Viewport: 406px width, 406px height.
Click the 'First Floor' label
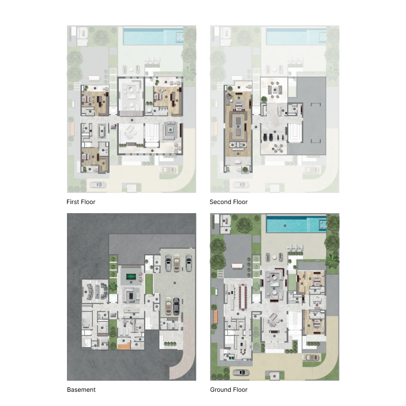pyautogui.click(x=81, y=202)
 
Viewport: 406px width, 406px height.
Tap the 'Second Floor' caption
pyautogui.click(x=228, y=202)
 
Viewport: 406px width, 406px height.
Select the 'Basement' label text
pyautogui.click(x=81, y=390)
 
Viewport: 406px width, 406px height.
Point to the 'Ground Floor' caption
pyautogui.click(x=229, y=390)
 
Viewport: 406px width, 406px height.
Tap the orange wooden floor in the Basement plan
pyautogui.click(x=123, y=346)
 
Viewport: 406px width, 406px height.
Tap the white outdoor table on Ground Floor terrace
pyautogui.click(x=237, y=265)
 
